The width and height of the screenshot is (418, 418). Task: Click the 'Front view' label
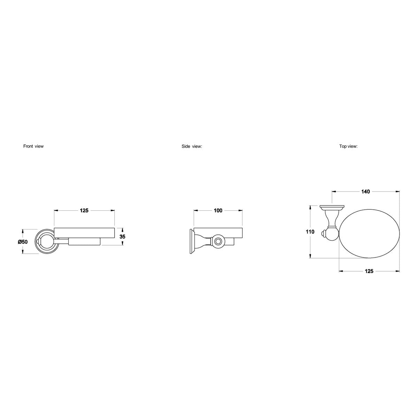(x=33, y=146)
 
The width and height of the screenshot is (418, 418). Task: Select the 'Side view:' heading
(x=192, y=146)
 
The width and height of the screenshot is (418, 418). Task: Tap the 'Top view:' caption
(x=348, y=146)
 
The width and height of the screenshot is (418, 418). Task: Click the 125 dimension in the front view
(x=84, y=210)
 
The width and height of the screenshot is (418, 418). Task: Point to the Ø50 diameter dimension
(x=23, y=242)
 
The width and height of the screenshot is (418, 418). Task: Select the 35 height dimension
(x=122, y=237)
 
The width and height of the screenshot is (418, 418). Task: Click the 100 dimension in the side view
(x=218, y=210)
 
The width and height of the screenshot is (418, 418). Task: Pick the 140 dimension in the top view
(x=365, y=192)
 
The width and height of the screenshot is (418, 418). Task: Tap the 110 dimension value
(x=310, y=232)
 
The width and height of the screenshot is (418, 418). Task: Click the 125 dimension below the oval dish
(x=369, y=271)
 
